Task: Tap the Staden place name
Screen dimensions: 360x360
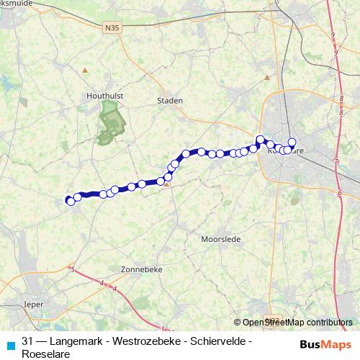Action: pyautogui.click(x=170, y=101)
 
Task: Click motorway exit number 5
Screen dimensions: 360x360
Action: pyautogui.click(x=73, y=269)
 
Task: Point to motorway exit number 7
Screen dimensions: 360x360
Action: pyautogui.click(x=336, y=161)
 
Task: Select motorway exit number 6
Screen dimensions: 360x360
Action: pyautogui.click(x=338, y=192)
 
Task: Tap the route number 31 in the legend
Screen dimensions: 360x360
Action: pyautogui.click(x=28, y=341)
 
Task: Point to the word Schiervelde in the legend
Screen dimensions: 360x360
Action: pyautogui.click(x=221, y=341)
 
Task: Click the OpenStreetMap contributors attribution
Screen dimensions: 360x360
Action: pyautogui.click(x=297, y=323)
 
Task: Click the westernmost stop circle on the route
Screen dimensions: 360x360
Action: pyautogui.click(x=70, y=201)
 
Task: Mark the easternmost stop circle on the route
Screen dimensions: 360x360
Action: pyautogui.click(x=292, y=143)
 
